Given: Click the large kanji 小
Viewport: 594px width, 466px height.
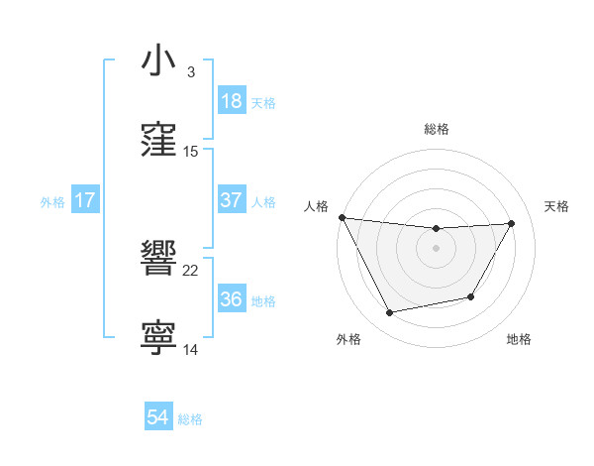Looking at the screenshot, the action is tap(158, 60).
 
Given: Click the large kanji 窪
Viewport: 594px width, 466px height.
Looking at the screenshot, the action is tap(158, 140).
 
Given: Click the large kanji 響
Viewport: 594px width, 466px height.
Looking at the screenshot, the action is tap(158, 259).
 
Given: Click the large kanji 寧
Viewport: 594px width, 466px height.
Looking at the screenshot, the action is tap(158, 338).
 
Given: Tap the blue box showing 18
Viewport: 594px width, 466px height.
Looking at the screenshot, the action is tap(232, 101).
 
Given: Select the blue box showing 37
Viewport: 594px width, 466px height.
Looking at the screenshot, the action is tap(232, 200).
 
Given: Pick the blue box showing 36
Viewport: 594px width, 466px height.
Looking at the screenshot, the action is tap(232, 299).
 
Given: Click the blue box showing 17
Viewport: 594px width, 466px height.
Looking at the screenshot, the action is tap(85, 200).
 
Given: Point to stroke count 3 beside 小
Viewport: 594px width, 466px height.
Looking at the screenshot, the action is tap(191, 72).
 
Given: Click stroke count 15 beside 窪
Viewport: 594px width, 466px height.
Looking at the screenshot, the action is tap(191, 152).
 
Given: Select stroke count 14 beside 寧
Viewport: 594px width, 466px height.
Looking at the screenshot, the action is tap(191, 350).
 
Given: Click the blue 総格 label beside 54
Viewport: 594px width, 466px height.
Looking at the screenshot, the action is tap(190, 419).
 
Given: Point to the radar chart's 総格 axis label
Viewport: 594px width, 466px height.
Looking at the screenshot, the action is tap(437, 129).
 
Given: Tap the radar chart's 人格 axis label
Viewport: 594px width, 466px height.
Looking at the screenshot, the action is tap(316, 206).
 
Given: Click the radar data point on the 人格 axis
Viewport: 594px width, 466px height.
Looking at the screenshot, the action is tap(342, 217).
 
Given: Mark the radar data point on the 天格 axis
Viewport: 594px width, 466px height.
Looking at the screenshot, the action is tap(512, 223).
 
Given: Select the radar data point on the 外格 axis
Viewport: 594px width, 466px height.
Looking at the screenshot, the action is tap(390, 313).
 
